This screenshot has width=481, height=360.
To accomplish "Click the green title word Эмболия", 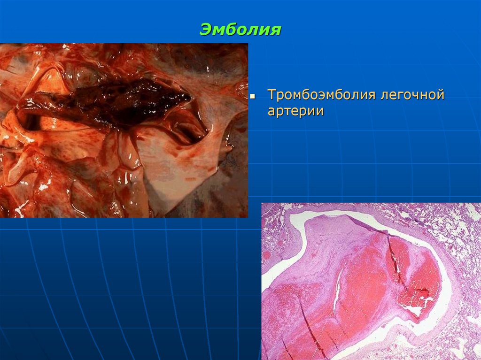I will coord(240,30).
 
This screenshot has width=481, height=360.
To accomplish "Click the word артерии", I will coord(296,112).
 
